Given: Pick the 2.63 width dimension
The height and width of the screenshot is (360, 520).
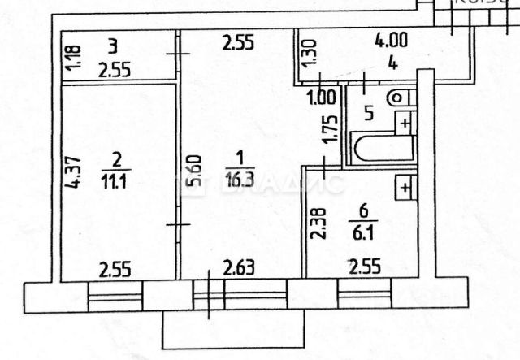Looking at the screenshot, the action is point(240,267).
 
